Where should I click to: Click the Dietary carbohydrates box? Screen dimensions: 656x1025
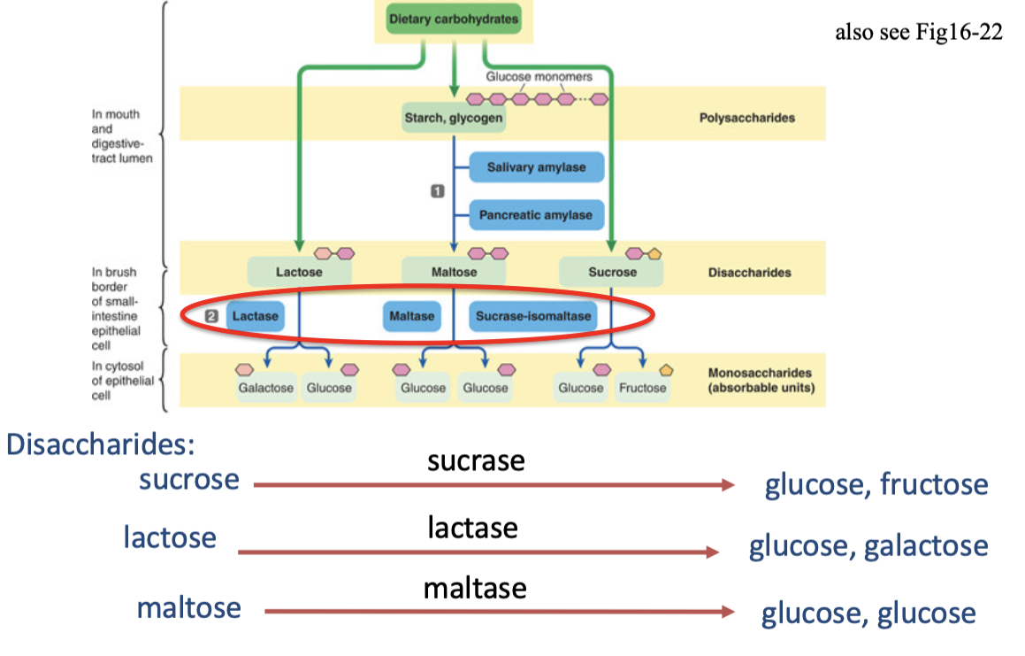[453, 19]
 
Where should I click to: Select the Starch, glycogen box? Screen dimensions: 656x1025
[454, 118]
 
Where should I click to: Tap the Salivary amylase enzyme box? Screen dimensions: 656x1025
[536, 167]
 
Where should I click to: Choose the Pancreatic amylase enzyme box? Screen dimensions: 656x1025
[536, 215]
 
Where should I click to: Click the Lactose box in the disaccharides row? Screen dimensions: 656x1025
[299, 272]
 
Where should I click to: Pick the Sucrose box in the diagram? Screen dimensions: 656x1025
[612, 272]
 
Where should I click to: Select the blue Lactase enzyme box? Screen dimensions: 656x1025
[255, 316]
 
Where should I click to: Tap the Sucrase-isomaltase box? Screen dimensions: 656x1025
[532, 316]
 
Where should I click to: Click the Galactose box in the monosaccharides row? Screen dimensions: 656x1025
[265, 388]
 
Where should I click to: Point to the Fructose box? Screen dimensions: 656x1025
[642, 388]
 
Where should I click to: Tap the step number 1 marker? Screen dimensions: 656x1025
[436, 191]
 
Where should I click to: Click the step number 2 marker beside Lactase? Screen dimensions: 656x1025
[210, 316]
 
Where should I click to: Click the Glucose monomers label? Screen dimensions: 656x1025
[539, 76]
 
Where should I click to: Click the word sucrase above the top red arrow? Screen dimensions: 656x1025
[476, 460]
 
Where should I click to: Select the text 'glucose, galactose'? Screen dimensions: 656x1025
[868, 545]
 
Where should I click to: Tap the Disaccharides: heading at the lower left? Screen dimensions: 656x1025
[101, 444]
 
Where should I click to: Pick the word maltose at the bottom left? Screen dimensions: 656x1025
[188, 607]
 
